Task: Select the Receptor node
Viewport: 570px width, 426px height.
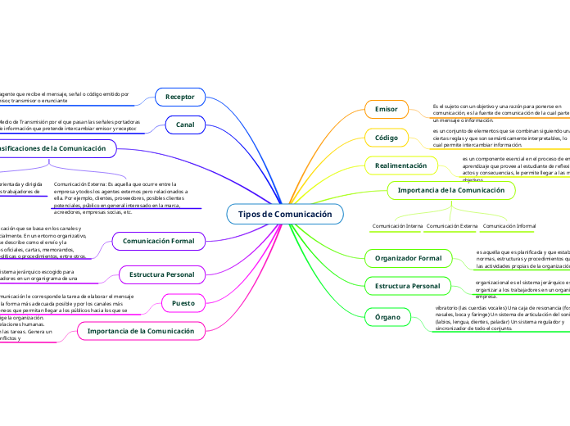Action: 180,97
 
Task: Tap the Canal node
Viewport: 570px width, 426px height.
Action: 180,125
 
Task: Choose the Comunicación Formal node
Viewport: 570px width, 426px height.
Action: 159,241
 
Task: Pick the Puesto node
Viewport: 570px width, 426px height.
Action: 183,304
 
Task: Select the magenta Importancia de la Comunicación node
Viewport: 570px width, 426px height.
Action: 142,331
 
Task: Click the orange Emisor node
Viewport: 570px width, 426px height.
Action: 387,109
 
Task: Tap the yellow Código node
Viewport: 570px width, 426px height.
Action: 387,138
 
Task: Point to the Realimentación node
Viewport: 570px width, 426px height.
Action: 400,165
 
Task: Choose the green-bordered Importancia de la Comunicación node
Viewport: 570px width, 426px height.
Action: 450,190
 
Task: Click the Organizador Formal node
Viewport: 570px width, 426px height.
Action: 408,258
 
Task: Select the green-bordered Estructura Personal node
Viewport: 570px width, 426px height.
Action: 408,286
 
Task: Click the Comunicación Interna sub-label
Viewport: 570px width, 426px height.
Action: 397,224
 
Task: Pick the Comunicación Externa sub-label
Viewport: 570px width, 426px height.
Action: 452,224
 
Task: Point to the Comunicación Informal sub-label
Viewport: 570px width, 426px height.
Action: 509,224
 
